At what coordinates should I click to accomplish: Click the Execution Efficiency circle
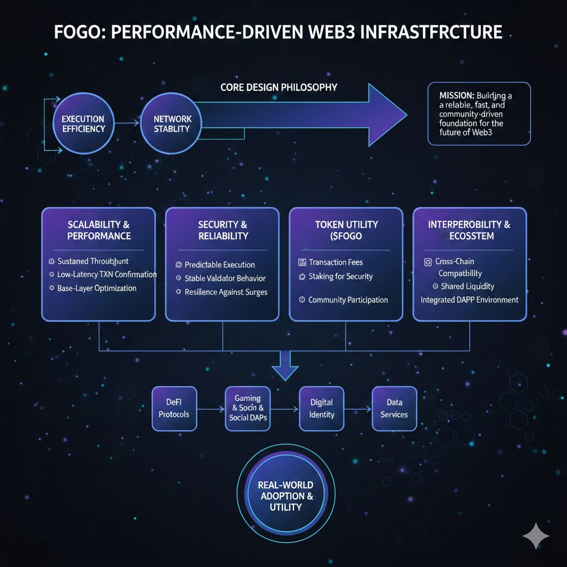click(83, 124)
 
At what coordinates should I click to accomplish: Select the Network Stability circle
click(172, 124)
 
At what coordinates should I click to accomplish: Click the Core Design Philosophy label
click(279, 87)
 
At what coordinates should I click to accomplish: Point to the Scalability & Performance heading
click(99, 230)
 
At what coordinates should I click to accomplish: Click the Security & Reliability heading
click(223, 230)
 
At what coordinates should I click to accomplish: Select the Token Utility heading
click(347, 230)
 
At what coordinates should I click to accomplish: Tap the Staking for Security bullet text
click(341, 276)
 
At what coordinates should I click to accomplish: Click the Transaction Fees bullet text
click(336, 262)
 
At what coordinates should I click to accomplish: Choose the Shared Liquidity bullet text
click(467, 286)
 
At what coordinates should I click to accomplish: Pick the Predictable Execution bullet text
click(219, 265)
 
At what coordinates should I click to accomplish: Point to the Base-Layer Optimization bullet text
click(96, 288)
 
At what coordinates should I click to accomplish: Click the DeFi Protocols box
click(174, 408)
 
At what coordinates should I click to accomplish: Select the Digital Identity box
click(321, 408)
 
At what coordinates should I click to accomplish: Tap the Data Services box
click(394, 408)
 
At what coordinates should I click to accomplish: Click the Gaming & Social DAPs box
click(248, 408)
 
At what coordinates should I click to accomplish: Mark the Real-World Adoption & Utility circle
click(286, 496)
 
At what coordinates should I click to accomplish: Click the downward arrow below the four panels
click(286, 367)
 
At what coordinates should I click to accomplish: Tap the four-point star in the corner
click(536, 535)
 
